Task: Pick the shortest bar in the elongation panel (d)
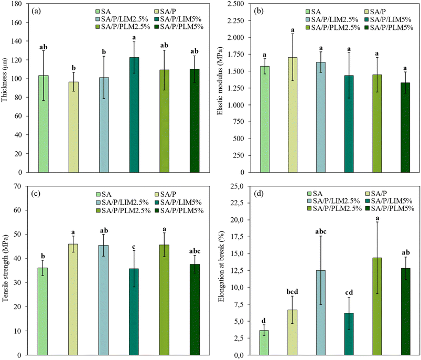coord(265,342)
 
